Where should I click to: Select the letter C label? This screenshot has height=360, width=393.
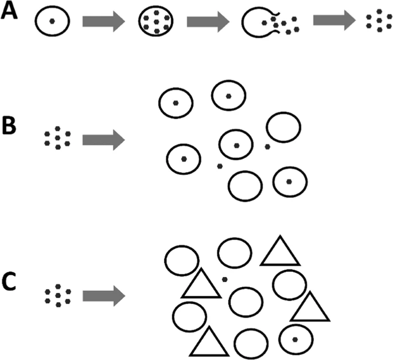[x=9, y=284]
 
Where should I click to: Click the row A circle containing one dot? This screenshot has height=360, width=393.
[x=52, y=21]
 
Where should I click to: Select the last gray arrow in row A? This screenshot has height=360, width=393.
[x=333, y=21]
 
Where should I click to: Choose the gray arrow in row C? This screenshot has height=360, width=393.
[x=103, y=296]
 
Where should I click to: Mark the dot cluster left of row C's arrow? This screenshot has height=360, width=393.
[x=57, y=296]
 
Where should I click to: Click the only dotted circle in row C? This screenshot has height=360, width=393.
[x=294, y=339]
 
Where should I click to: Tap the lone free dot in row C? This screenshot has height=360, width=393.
[x=224, y=279]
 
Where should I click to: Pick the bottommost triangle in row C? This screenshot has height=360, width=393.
[x=209, y=342]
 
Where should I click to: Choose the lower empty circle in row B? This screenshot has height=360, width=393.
[x=245, y=185]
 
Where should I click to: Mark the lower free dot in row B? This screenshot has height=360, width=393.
[x=219, y=166]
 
